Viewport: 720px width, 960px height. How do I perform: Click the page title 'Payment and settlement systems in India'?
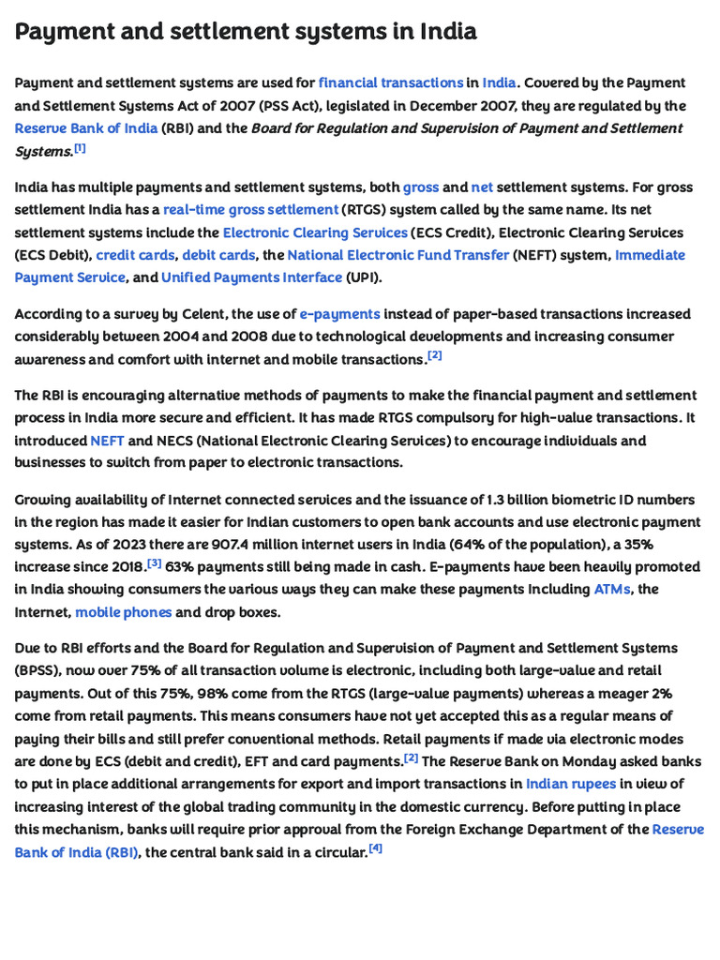(246, 32)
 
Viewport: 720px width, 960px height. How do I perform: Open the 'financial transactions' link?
(390, 83)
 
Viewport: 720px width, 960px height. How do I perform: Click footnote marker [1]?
(81, 148)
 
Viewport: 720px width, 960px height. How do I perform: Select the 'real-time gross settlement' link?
(250, 210)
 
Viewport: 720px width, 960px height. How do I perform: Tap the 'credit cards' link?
(135, 255)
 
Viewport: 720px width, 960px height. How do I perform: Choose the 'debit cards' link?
(218, 255)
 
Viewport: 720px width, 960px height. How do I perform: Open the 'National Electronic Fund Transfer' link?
(398, 255)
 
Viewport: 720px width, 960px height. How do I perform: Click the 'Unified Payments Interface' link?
(251, 277)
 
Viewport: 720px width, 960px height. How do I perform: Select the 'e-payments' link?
(339, 314)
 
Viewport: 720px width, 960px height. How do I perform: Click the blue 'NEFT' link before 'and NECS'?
(107, 441)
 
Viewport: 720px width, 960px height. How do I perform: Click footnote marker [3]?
(155, 563)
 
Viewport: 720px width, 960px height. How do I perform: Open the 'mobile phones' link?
(124, 612)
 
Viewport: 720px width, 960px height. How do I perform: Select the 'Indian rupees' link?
(571, 784)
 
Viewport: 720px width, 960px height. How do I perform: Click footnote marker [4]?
(376, 848)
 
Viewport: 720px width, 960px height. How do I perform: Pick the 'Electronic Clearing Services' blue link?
(315, 232)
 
